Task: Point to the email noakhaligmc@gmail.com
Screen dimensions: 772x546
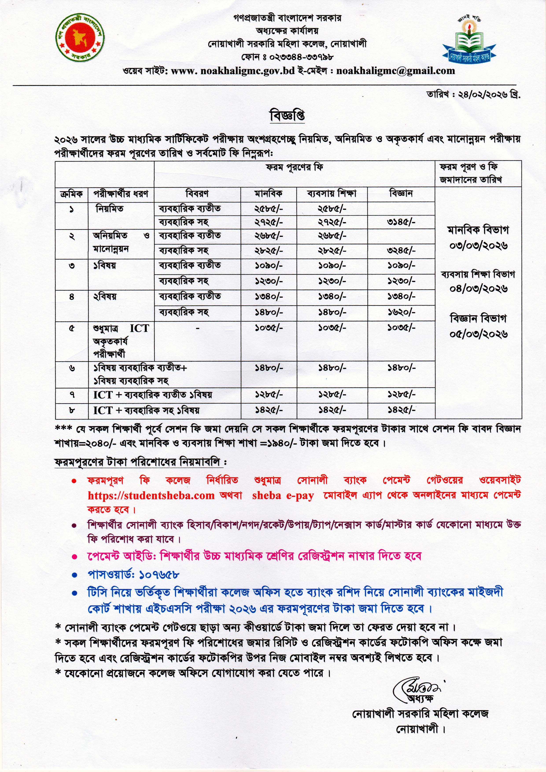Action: click(395, 71)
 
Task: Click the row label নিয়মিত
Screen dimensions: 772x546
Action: click(110, 209)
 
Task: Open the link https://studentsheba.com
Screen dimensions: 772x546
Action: click(151, 495)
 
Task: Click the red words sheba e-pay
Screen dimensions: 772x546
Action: click(283, 495)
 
